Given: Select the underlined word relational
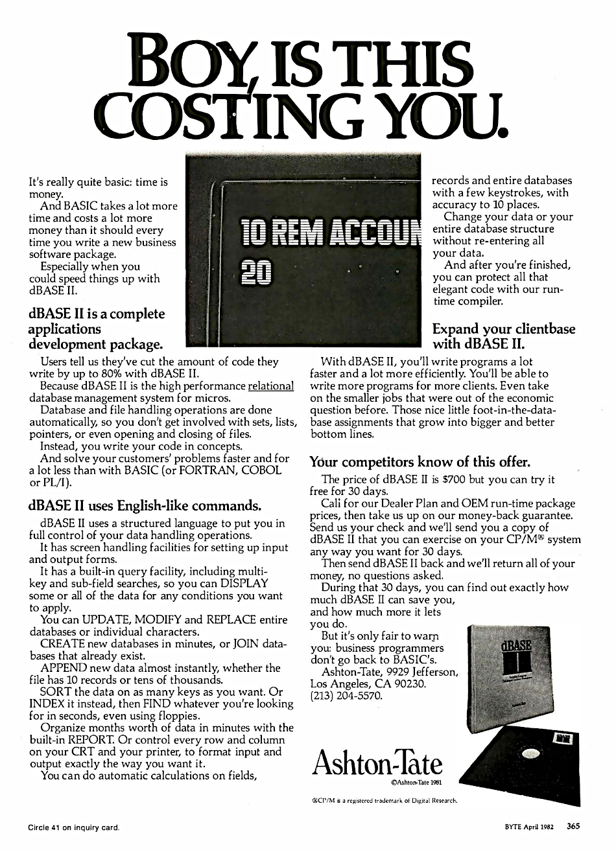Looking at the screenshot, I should coord(267,386).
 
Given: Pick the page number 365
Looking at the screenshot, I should coord(573,826).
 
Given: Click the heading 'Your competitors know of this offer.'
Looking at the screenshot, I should coord(420,462).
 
